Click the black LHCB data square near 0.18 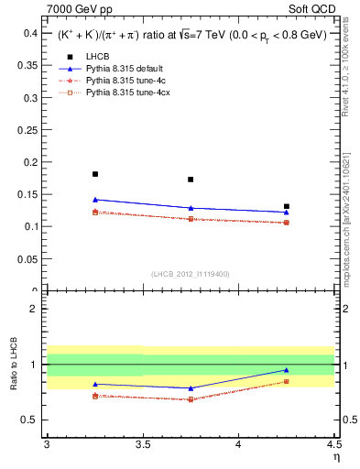point(94,174)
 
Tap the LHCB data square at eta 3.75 point(191,180)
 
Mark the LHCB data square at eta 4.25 point(287,207)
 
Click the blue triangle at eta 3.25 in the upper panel point(94,200)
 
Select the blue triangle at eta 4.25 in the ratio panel point(287,370)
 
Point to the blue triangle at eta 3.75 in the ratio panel point(191,388)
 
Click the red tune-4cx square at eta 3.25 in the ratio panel point(94,396)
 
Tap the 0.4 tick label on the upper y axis point(29,33)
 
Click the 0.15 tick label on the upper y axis point(27,194)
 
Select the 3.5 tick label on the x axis point(142,444)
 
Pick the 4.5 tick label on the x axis point(333,444)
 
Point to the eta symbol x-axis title point(336,456)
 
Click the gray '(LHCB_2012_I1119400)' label point(191,275)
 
